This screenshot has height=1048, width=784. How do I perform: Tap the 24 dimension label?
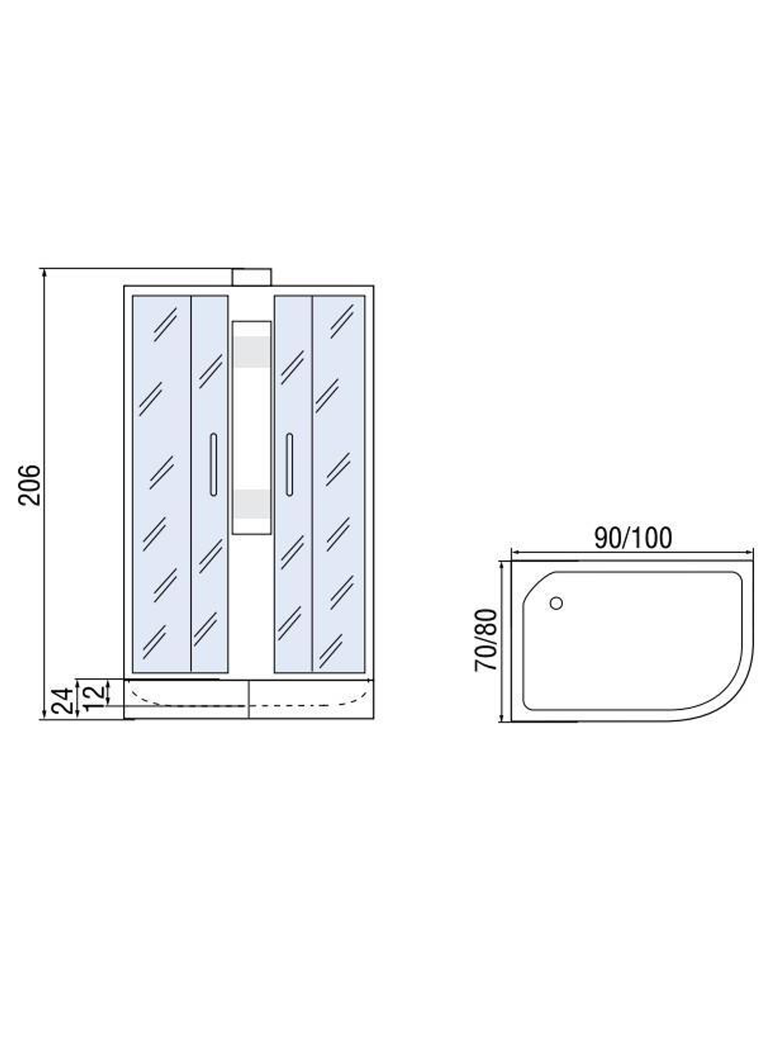pos(64,701)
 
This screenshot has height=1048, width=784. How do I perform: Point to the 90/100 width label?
pos(633,538)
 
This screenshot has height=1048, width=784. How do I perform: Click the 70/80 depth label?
pos(486,640)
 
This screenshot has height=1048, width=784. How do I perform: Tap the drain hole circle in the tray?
pos(556,603)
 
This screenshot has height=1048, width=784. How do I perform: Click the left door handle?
pos(213,464)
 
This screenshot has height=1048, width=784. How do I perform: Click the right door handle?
pos(289,464)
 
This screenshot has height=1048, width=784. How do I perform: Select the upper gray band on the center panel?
pos(252,352)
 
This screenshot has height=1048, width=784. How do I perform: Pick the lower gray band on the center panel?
pos(252,504)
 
